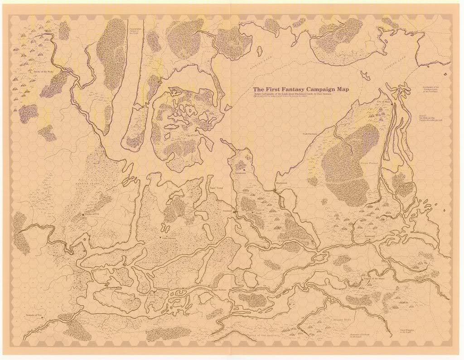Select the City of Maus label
coord(383,102)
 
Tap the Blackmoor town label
coord(281,183)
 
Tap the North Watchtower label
coord(312,134)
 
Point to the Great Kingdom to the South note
coord(407,331)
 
